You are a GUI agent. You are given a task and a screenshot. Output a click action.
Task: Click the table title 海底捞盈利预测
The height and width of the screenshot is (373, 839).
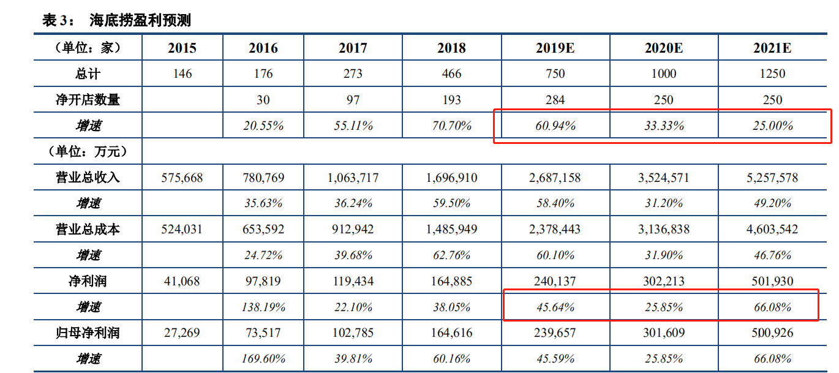coord(140,20)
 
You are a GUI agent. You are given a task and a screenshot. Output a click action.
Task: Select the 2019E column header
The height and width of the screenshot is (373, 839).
coord(555,48)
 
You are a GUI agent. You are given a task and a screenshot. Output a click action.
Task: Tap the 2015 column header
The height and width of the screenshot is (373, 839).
coord(182,48)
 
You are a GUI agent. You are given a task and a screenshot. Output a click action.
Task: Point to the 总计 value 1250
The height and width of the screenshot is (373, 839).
coord(772,73)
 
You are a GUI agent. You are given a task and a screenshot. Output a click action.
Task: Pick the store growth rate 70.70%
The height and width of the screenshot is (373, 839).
coord(452,126)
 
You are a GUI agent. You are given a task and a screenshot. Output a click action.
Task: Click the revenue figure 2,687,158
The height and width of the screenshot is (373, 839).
coord(555,178)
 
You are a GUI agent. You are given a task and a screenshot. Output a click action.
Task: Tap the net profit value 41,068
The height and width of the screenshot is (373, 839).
coord(182,282)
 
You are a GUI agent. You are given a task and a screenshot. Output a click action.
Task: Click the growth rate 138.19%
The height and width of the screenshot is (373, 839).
coord(263,307)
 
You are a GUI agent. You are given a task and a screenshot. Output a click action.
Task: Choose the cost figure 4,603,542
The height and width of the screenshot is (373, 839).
coord(772,230)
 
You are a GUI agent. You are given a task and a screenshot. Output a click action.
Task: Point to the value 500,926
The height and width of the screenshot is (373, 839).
coord(772,333)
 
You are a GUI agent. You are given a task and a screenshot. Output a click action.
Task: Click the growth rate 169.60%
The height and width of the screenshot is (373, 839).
coord(263,359)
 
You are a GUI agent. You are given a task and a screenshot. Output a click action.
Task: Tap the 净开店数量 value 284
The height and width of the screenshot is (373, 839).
coord(555,100)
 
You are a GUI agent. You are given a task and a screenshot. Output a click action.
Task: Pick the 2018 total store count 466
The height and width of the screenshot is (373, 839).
coord(452,73)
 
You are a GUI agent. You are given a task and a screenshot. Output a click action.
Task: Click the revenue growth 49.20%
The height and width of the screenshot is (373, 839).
coord(772,203)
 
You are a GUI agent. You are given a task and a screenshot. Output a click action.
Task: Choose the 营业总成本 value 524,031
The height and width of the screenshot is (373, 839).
coord(182,230)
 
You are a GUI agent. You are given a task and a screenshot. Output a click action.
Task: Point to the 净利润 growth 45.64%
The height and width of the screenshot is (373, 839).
coord(555,307)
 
